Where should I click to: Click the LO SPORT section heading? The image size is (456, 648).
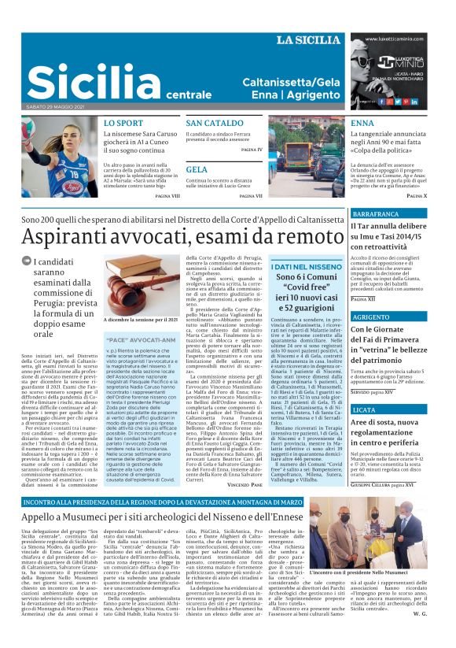click(123, 124)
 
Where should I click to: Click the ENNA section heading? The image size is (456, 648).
click(362, 124)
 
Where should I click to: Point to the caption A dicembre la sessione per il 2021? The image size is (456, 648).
click(142, 320)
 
